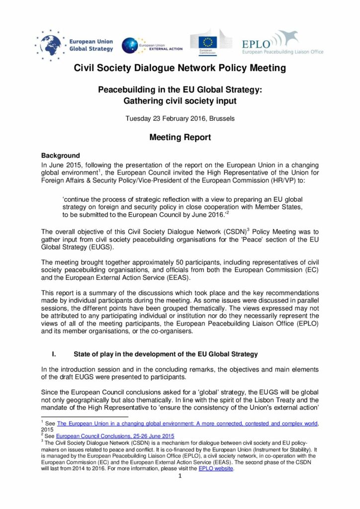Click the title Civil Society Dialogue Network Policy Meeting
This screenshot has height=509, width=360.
pos(180,68)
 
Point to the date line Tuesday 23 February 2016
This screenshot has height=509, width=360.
pos(180,119)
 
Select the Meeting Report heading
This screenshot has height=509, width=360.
pos(180,137)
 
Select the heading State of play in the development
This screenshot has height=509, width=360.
pos(166,354)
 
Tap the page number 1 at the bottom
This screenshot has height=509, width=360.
pos(180,476)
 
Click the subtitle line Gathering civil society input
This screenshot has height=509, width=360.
pos(180,101)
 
